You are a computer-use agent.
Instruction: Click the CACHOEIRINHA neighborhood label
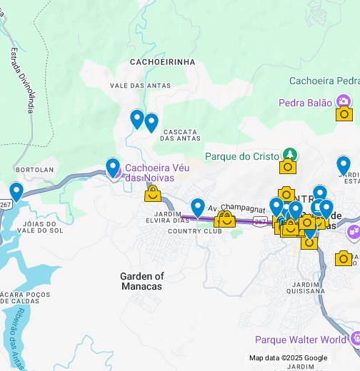162,62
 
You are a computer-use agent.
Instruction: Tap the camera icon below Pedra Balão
344,113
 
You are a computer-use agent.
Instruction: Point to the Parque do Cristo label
242,156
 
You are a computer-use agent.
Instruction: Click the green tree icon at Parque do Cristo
289,154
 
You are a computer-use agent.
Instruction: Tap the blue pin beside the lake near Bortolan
16,192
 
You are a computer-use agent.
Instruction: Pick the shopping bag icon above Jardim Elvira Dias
152,193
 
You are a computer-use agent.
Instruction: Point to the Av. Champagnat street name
231,206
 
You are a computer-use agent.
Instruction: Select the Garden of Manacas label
141,281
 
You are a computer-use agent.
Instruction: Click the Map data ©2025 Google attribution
288,358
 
